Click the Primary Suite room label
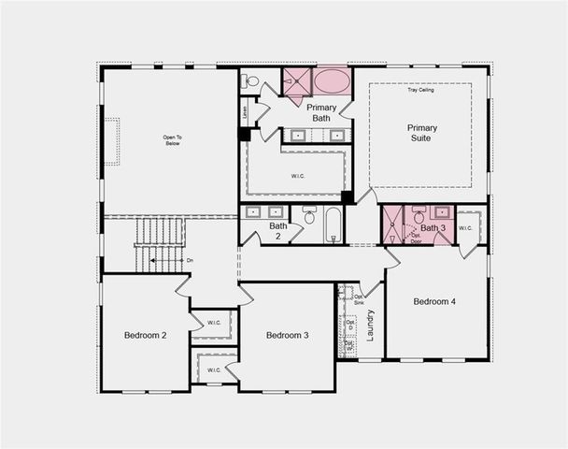click(422, 133)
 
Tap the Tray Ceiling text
click(420, 90)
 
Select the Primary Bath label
click(320, 113)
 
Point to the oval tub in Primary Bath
click(331, 81)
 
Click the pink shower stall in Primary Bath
click(296, 80)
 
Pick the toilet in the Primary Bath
click(249, 81)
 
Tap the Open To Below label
click(172, 140)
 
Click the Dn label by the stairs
click(190, 260)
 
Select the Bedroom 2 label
click(145, 335)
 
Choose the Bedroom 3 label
click(287, 335)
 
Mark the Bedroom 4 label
click(434, 301)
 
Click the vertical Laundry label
click(370, 325)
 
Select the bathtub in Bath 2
click(334, 224)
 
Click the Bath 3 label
click(432, 228)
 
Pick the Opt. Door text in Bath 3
click(416, 239)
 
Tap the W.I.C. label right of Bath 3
click(466, 227)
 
